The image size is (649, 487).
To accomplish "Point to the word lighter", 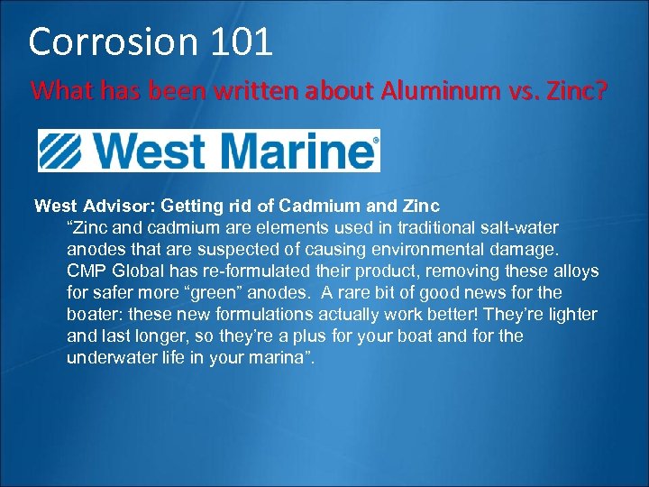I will tap(571, 314).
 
